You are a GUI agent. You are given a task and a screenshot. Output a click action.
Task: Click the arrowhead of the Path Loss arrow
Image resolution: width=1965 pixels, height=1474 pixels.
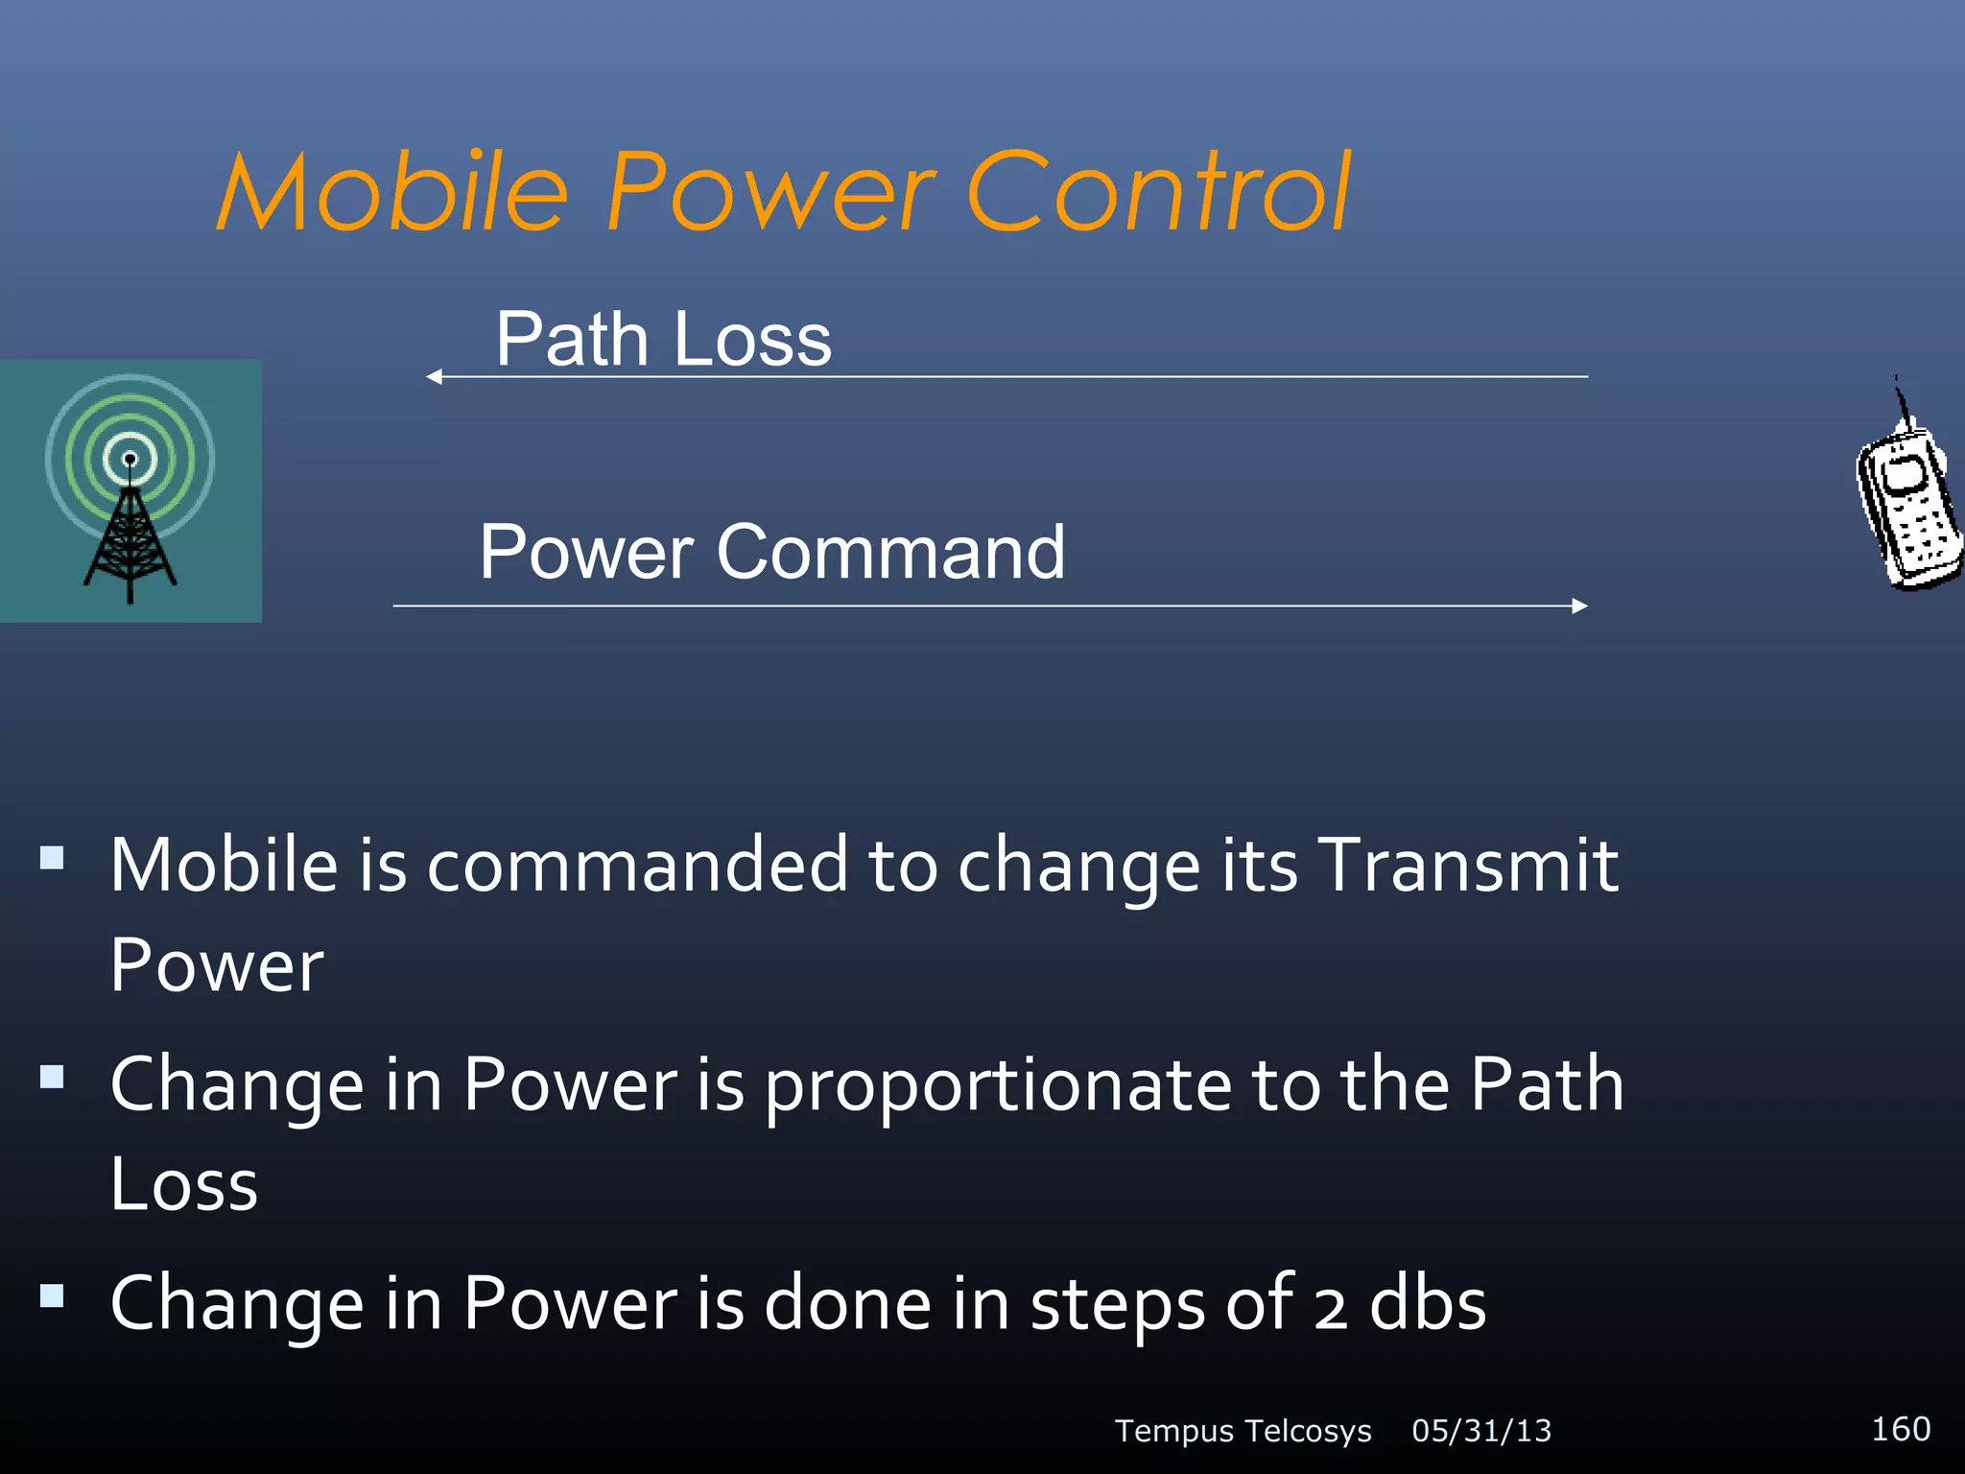(x=434, y=377)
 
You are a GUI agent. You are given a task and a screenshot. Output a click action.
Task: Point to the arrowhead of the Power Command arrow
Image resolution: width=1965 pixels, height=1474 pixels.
(x=1579, y=606)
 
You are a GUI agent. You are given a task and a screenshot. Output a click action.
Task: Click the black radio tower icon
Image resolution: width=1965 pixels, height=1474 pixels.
(x=130, y=537)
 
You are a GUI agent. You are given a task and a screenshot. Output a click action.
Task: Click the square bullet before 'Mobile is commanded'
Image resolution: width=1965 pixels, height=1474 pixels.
(x=52, y=857)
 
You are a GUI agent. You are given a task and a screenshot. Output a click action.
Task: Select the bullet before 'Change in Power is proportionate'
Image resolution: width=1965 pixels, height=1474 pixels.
(x=52, y=1077)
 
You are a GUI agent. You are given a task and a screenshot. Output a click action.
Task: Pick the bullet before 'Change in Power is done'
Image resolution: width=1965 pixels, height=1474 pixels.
(x=52, y=1296)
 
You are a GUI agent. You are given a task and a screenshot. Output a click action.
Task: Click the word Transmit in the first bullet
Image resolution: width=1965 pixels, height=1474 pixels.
(x=1468, y=865)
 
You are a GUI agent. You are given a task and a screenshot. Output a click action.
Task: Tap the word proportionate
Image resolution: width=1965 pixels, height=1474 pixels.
(x=998, y=1085)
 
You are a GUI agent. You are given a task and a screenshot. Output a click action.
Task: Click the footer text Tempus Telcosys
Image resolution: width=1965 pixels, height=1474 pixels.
(x=1243, y=1431)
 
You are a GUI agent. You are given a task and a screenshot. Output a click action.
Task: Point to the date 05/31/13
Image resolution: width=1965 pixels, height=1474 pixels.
(x=1481, y=1431)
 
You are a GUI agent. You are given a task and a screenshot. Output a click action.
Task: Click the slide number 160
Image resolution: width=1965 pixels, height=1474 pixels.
(x=1901, y=1429)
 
